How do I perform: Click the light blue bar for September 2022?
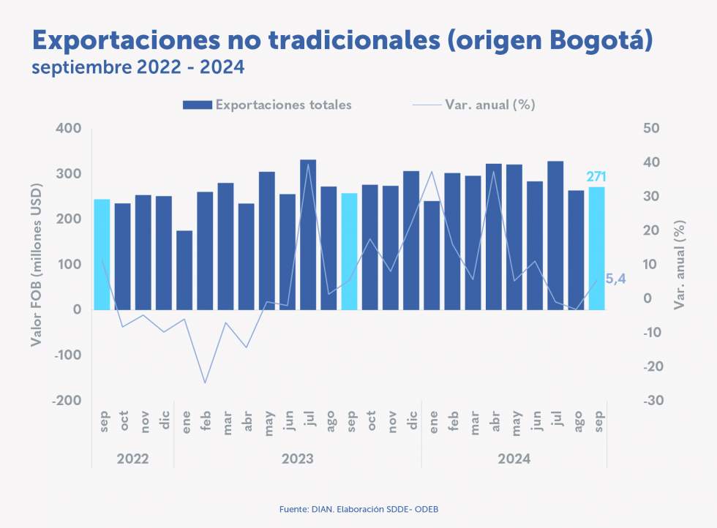(x=102, y=254)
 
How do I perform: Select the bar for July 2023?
(x=308, y=234)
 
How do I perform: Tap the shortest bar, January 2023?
(x=184, y=270)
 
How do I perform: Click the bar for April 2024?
(x=494, y=236)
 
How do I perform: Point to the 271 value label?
(x=597, y=177)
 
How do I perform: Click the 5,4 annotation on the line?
(x=616, y=277)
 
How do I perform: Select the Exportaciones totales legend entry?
(x=268, y=105)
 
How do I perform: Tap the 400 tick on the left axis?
(x=68, y=129)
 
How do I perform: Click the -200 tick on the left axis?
(x=66, y=401)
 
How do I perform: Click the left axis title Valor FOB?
(x=37, y=265)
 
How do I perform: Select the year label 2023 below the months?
(x=297, y=459)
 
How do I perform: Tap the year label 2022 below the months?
(x=132, y=459)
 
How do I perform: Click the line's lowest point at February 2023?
(x=205, y=382)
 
